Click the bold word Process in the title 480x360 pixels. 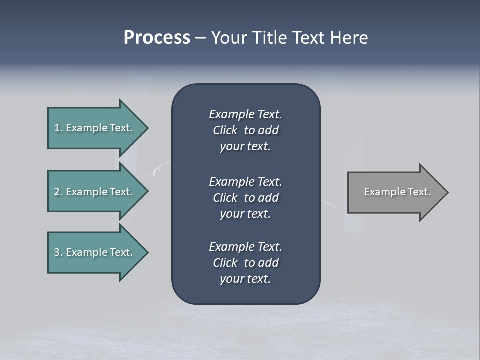coord(157,38)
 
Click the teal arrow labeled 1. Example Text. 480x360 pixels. coord(95,128)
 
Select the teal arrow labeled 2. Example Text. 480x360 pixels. coord(95,192)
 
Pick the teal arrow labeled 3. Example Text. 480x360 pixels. coord(95,252)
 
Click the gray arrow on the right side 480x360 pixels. coord(395,192)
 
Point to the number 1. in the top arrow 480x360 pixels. coord(58,128)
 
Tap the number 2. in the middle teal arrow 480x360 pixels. coord(58,192)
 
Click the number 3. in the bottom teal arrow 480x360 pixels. coord(58,252)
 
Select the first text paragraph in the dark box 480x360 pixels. coord(245,130)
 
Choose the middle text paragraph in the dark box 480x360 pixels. coord(245,198)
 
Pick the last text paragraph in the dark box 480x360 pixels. coord(245,263)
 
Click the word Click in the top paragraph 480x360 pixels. coord(225,130)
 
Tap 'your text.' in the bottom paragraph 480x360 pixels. coord(245,279)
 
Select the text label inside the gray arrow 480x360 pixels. coord(397,192)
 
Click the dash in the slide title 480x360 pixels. coord(200,38)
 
